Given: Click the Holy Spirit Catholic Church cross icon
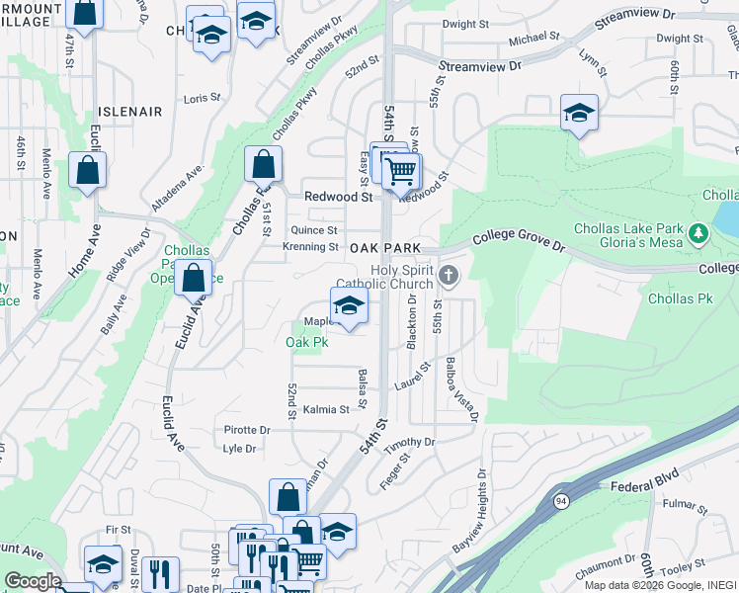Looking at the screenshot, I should point(449,275).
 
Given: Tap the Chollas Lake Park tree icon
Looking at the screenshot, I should point(699,233).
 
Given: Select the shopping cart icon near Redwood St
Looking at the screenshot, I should point(401,171).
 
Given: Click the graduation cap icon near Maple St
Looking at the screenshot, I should point(349,305).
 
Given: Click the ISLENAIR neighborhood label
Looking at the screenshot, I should point(129,112).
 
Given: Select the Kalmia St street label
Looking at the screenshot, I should point(326,409).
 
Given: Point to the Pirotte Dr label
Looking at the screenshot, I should point(247,431).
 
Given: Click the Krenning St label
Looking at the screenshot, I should point(311,247).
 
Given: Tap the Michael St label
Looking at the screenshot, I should point(534,38).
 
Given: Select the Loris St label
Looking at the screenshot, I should point(201,98).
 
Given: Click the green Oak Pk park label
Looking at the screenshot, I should point(306,343).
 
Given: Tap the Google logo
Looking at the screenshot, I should point(33,581).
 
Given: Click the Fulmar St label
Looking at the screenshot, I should point(681,507).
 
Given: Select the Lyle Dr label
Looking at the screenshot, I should point(240,449).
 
